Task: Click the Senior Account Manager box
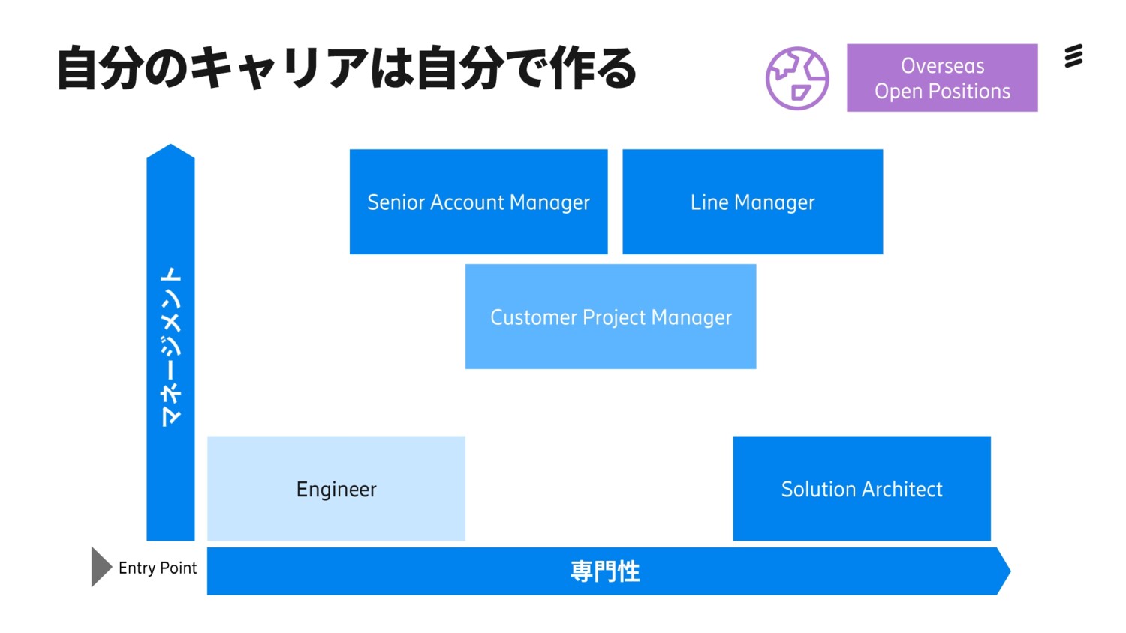[478, 202]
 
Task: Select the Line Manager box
[752, 202]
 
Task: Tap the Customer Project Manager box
[610, 316]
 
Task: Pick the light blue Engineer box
[336, 489]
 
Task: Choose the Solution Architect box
[862, 489]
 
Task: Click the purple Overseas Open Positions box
[942, 78]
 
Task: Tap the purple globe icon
[797, 78]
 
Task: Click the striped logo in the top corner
[1074, 56]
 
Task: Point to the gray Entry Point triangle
[100, 567]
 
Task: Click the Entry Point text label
[158, 568]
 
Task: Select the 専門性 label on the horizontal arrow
[605, 571]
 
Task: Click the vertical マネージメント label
[171, 346]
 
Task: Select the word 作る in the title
[593, 68]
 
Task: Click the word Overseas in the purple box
[942, 66]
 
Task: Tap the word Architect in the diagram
[903, 489]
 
